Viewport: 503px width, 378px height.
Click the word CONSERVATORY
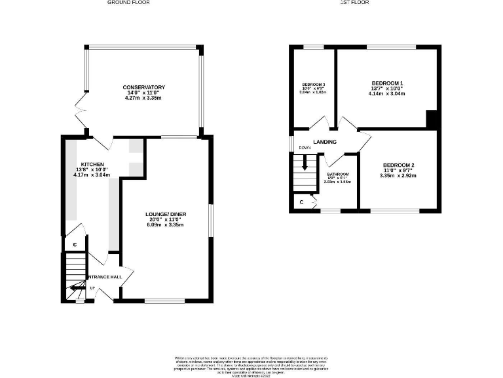[143, 87]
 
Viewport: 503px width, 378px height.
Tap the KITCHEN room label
[92, 164]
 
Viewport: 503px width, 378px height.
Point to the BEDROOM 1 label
[387, 83]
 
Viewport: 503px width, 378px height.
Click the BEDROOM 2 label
[399, 165]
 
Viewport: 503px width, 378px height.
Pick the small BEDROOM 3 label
[313, 85]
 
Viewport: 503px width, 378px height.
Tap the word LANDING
[325, 142]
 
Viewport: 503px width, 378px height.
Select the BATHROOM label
[338, 175]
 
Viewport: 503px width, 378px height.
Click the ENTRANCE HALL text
[104, 277]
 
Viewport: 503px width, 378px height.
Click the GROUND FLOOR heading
[128, 3]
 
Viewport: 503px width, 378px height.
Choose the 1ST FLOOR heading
[354, 3]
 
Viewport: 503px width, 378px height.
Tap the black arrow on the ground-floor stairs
[77, 287]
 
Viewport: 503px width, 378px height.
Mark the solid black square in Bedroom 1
[432, 119]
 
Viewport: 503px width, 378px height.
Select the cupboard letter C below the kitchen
[75, 245]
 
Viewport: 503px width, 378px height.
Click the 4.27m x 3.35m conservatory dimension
[143, 98]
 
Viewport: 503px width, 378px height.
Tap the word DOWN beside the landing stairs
[305, 148]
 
